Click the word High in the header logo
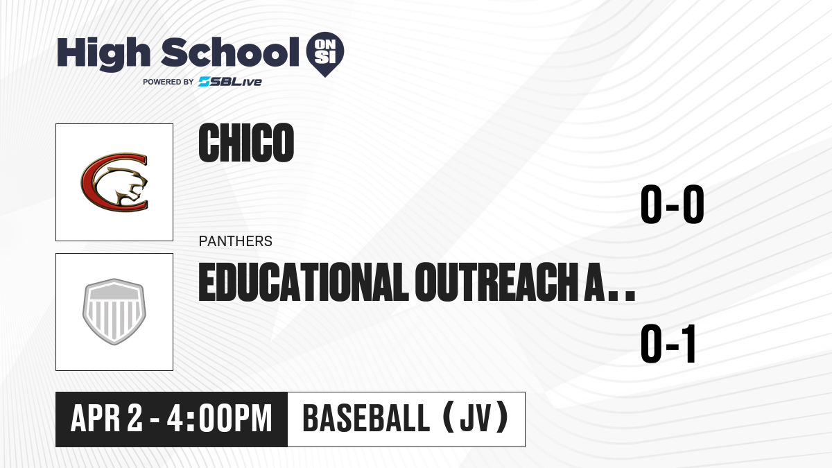[x=104, y=54]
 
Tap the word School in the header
[x=230, y=52]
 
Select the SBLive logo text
[x=230, y=82]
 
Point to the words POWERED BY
[x=168, y=82]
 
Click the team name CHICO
[x=246, y=143]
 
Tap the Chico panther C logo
[x=114, y=182]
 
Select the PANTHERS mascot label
[x=236, y=241]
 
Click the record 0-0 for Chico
[x=673, y=205]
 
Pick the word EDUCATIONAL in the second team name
[x=304, y=282]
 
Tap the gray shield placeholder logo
[x=114, y=312]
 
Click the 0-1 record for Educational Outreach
[x=668, y=344]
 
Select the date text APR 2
[x=107, y=419]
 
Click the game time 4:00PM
[x=220, y=419]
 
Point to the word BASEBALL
[x=367, y=419]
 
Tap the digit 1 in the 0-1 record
[x=688, y=344]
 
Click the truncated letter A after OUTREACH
[x=595, y=282]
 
